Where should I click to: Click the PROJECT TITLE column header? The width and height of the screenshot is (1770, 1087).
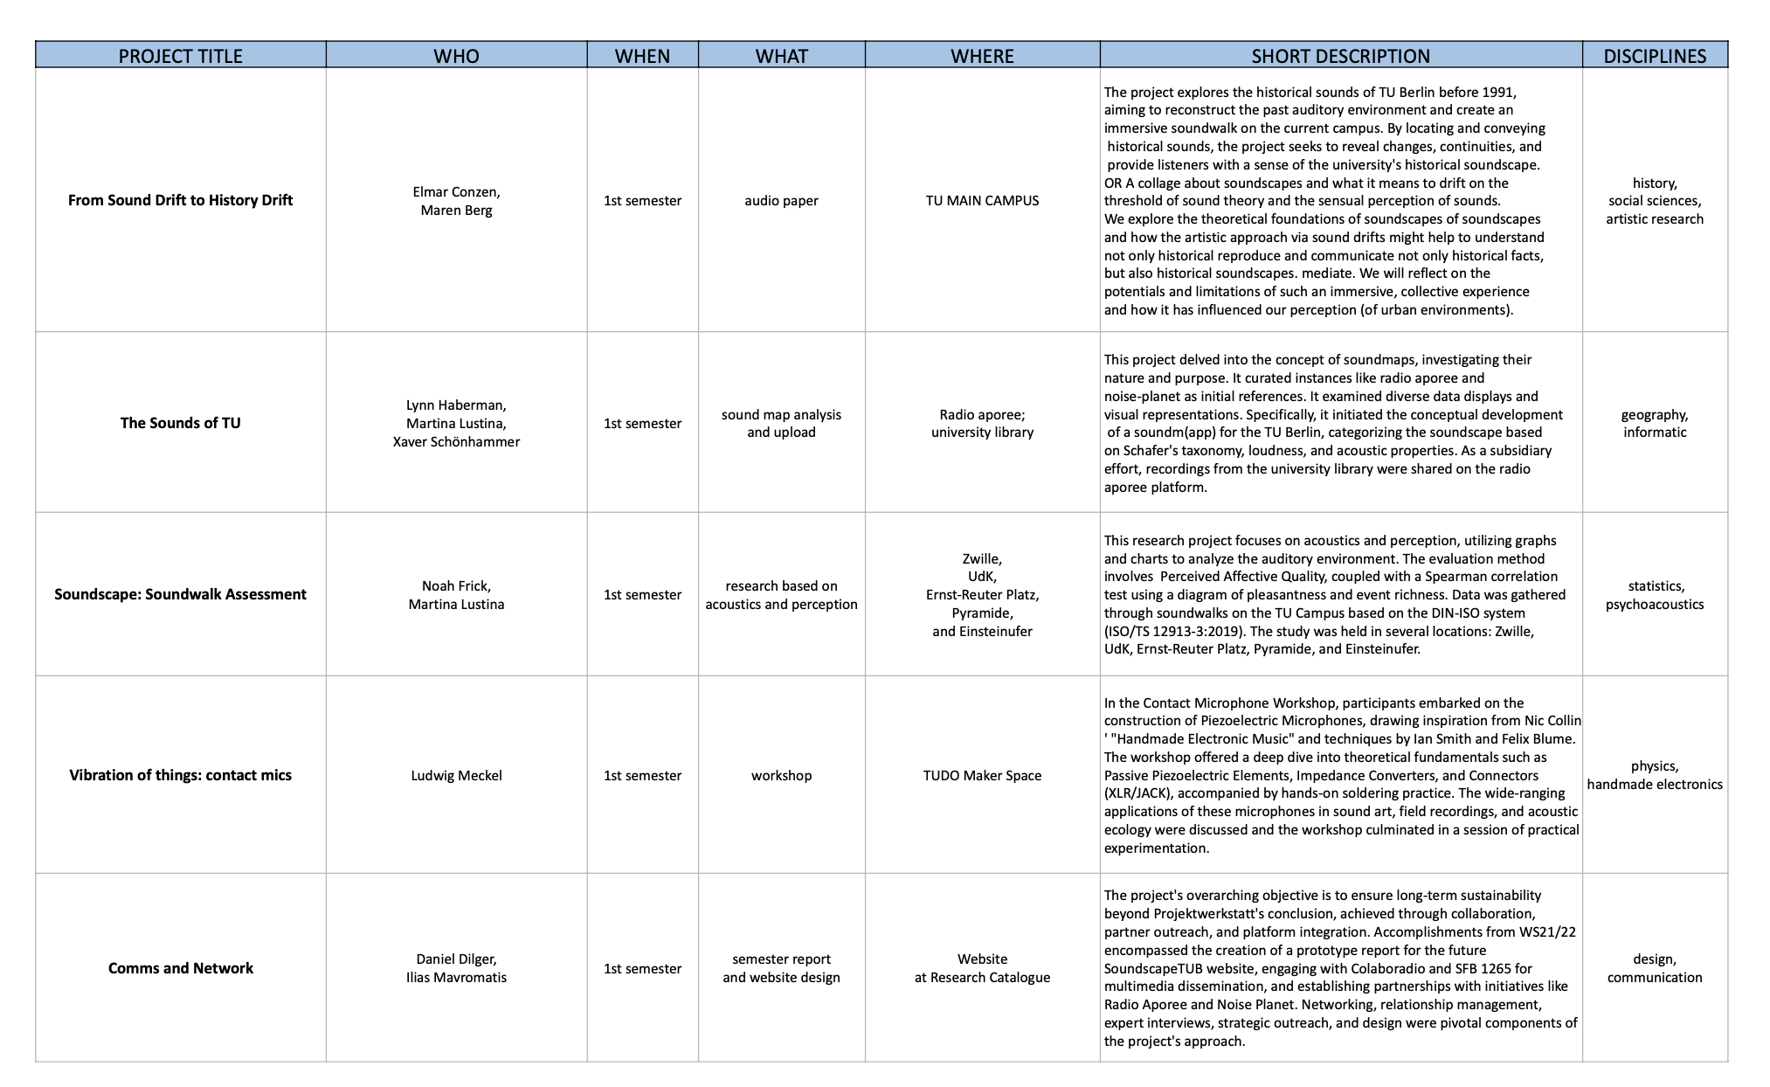coord(180,56)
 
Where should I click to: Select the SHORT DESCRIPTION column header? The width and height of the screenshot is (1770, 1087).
coord(1340,56)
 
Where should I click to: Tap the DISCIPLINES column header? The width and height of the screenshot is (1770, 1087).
coord(1654,56)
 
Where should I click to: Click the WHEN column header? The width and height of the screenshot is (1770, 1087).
coord(642,56)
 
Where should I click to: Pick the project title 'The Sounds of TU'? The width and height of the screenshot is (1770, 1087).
coord(180,423)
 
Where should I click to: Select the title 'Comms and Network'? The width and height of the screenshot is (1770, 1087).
coord(180,968)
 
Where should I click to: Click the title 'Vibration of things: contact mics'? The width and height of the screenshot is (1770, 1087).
coord(180,775)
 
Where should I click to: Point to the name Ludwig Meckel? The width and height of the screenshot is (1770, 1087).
coord(456,775)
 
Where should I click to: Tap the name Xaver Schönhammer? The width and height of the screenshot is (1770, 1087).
coord(456,441)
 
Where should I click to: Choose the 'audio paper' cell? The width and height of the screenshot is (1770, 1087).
coord(781,200)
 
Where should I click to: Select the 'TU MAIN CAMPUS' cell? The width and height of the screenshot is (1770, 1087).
coord(982,200)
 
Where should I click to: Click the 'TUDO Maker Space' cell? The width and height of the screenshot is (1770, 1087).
coord(982,775)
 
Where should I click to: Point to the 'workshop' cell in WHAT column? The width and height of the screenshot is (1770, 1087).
coord(781,775)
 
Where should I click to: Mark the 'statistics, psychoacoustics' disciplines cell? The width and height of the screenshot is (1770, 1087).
coord(1654,595)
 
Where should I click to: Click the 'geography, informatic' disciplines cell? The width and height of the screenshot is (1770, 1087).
coord(1654,423)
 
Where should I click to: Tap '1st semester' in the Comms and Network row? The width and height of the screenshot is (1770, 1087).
coord(642,968)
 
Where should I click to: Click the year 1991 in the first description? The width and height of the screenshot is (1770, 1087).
coord(1499,92)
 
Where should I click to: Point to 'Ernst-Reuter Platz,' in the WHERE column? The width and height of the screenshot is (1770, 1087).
coord(982,595)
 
